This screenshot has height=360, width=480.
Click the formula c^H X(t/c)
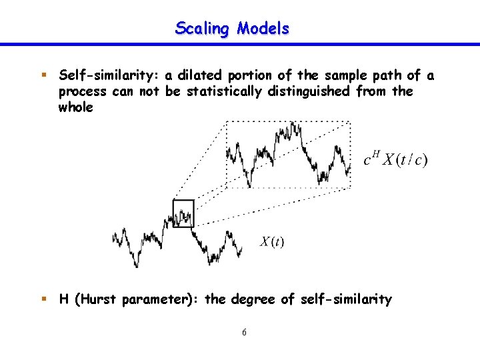395,160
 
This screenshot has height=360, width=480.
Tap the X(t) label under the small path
272,241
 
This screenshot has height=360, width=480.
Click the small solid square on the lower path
183,213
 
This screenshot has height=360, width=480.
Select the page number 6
244,332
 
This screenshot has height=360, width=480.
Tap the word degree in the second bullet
253,299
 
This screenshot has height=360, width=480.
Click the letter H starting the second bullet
64,299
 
